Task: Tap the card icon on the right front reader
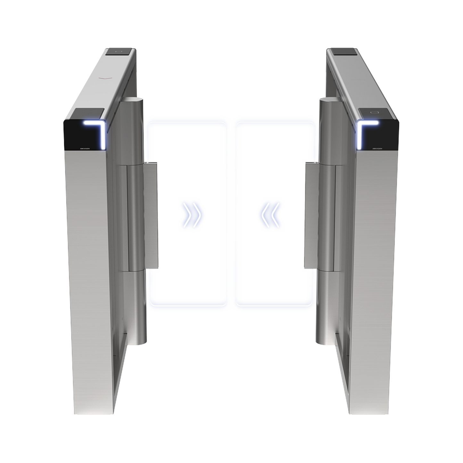374,112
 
